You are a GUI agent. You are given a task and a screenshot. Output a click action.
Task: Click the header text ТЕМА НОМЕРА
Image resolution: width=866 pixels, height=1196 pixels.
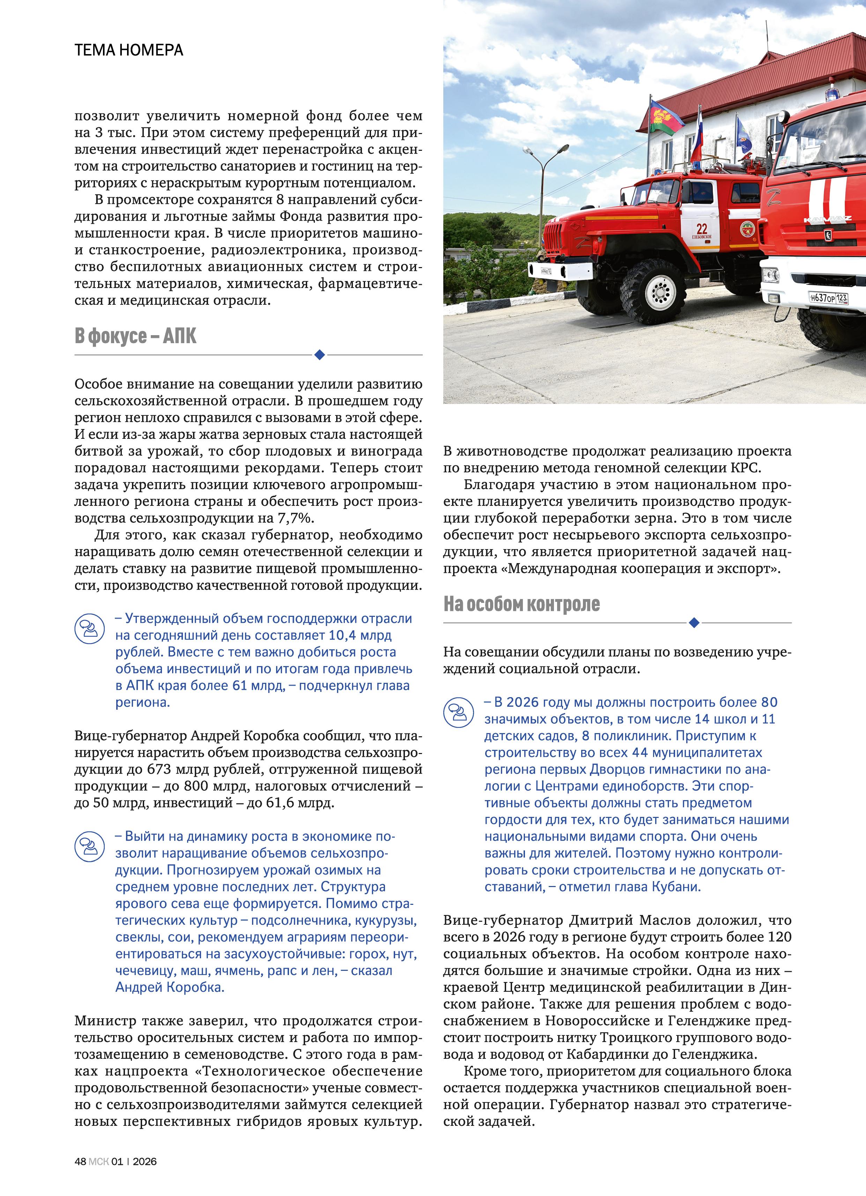(x=129, y=50)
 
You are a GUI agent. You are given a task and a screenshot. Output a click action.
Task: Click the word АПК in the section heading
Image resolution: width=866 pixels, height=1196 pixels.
(x=179, y=336)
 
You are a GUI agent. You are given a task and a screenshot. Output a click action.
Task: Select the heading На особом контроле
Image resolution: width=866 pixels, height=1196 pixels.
(x=521, y=604)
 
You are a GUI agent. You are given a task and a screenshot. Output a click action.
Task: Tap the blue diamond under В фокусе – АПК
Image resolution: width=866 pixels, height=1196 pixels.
(x=319, y=355)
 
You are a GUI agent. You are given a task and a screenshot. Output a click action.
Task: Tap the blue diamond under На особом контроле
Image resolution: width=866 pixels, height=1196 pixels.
(x=694, y=623)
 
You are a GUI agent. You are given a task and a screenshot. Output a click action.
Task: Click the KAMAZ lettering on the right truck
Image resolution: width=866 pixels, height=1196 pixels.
(x=827, y=219)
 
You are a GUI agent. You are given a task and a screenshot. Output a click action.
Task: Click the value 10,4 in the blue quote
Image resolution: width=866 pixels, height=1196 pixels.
(x=343, y=635)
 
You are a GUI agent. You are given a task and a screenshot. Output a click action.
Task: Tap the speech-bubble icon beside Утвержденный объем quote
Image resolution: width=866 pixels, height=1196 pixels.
(x=89, y=628)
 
